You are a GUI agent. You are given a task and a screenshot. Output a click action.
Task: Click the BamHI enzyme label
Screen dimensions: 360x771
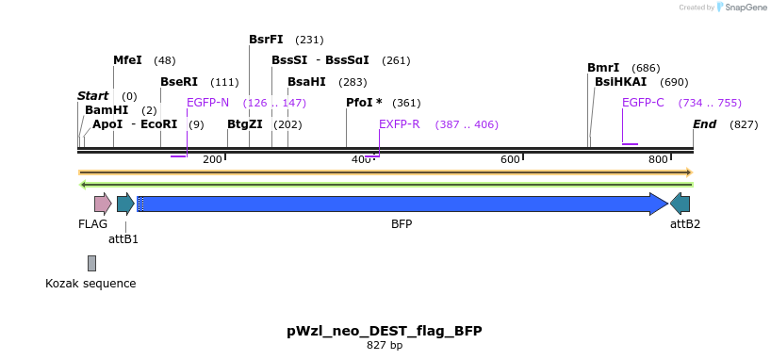[106, 110]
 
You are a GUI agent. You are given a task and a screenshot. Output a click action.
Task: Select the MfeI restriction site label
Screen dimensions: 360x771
[127, 60]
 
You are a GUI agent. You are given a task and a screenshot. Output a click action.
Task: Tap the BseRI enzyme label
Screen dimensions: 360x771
[179, 82]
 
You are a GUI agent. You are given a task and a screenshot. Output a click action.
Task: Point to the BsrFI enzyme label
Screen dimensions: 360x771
[266, 40]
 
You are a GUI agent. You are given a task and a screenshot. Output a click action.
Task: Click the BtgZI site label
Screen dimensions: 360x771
[245, 124]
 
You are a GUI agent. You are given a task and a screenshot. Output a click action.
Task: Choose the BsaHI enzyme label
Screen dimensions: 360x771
[306, 82]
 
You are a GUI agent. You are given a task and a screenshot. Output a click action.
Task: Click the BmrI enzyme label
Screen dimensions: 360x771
[603, 68]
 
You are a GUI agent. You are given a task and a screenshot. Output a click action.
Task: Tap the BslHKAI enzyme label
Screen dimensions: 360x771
[620, 82]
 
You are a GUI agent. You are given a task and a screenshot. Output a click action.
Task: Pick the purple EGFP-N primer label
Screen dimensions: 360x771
[207, 103]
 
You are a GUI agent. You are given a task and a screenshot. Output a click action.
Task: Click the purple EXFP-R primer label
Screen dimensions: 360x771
[399, 124]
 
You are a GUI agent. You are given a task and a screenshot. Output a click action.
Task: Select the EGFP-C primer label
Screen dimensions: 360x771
[643, 103]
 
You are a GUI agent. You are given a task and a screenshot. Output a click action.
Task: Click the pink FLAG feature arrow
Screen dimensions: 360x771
[102, 203]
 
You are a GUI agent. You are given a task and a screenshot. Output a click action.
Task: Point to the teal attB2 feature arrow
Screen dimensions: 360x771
[681, 203]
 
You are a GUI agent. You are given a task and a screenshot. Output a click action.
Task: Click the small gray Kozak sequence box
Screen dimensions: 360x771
[91, 263]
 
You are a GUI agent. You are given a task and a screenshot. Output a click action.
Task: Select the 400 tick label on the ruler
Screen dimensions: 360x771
[361, 159]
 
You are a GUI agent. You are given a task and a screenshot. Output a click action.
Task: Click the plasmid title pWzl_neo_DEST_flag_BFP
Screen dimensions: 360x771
[385, 331]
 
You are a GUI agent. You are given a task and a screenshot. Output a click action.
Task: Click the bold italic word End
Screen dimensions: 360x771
[704, 124]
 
